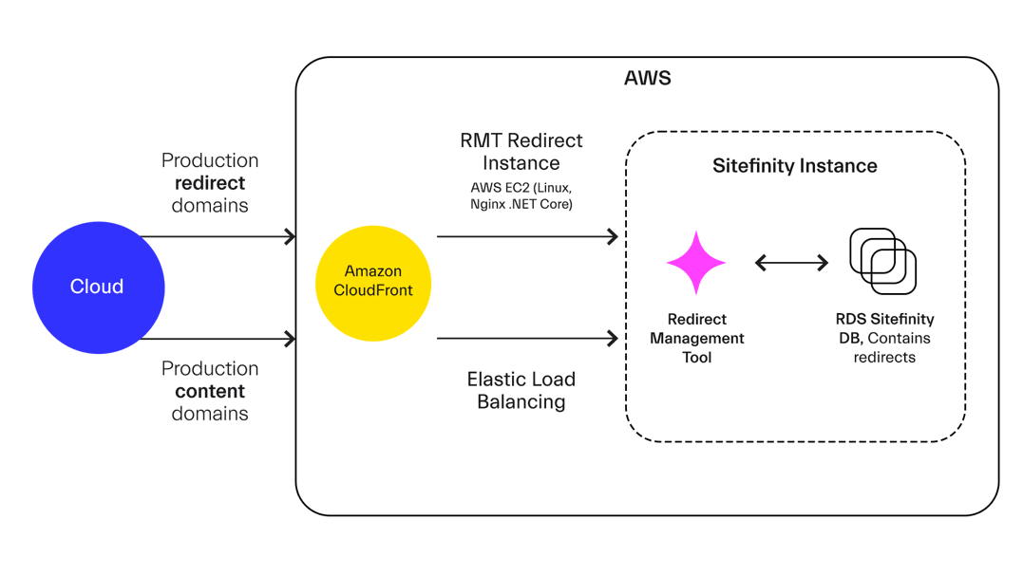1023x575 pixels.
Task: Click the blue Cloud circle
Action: click(98, 287)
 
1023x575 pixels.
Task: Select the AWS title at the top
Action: click(647, 78)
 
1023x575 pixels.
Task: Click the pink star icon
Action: click(696, 263)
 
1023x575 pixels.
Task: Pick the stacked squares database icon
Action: click(882, 261)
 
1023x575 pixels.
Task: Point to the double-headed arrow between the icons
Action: click(792, 263)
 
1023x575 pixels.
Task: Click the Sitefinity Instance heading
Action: click(795, 166)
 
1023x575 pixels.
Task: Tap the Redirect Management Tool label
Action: click(696, 339)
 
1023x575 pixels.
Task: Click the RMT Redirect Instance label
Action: click(521, 151)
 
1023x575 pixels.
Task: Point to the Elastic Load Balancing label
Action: click(521, 390)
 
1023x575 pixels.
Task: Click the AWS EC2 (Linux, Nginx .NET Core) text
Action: click(521, 196)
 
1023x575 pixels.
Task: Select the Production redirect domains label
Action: click(210, 182)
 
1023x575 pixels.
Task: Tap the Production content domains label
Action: click(210, 391)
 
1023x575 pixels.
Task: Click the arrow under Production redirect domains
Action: click(219, 236)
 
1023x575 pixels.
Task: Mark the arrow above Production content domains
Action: click(219, 338)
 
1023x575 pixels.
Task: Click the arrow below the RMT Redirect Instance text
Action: click(527, 236)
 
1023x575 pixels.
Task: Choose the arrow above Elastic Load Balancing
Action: click(527, 338)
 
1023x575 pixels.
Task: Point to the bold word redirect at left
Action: click(211, 182)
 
